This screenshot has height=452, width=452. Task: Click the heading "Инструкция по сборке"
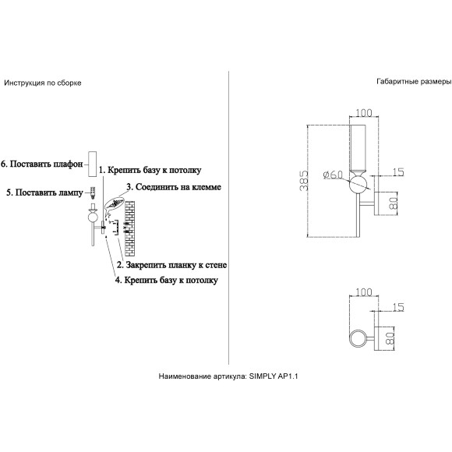tap(43, 83)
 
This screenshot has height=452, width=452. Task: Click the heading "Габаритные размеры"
tap(414, 82)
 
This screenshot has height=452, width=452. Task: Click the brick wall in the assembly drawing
tap(129, 228)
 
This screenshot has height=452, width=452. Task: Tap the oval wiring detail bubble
tap(115, 204)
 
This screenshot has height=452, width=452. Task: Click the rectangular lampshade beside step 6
tap(92, 164)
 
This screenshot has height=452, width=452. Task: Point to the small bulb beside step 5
tap(93, 192)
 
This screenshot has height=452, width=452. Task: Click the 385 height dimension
tap(304, 181)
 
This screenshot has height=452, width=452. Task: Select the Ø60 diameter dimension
tap(334, 175)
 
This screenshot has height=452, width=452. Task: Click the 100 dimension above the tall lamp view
tap(363, 113)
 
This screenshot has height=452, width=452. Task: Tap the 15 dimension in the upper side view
tap(398, 172)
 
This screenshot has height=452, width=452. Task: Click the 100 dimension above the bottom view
tap(363, 292)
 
